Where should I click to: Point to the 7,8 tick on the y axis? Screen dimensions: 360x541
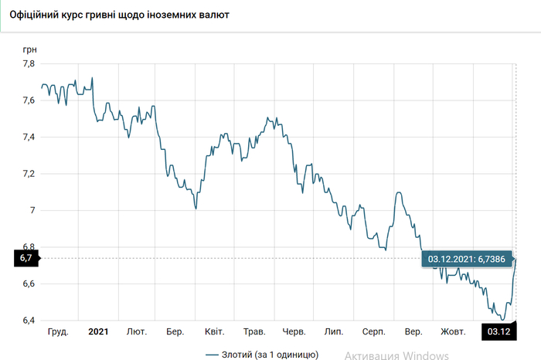pyautogui.click(x=28, y=64)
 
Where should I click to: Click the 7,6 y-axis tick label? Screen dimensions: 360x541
pyautogui.click(x=28, y=100)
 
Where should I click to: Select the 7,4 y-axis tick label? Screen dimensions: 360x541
pyautogui.click(x=28, y=138)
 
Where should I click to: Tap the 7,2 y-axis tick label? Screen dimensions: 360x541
pyautogui.click(x=28, y=174)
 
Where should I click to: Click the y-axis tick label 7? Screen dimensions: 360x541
pyautogui.click(x=32, y=210)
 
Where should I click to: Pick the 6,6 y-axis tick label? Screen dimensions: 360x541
pyautogui.click(x=28, y=284)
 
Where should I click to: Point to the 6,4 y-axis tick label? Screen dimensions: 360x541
pyautogui.click(x=28, y=321)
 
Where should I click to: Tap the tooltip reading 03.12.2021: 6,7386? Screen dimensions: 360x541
pyautogui.click(x=467, y=260)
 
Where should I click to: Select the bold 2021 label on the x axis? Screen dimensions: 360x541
pyautogui.click(x=98, y=332)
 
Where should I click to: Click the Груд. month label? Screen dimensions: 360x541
pyautogui.click(x=58, y=332)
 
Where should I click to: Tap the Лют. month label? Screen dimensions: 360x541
pyautogui.click(x=137, y=332)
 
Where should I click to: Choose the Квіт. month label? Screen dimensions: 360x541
pyautogui.click(x=214, y=332)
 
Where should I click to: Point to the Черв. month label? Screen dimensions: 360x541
pyautogui.click(x=293, y=332)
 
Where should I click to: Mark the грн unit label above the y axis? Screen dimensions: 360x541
pyautogui.click(x=29, y=48)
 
